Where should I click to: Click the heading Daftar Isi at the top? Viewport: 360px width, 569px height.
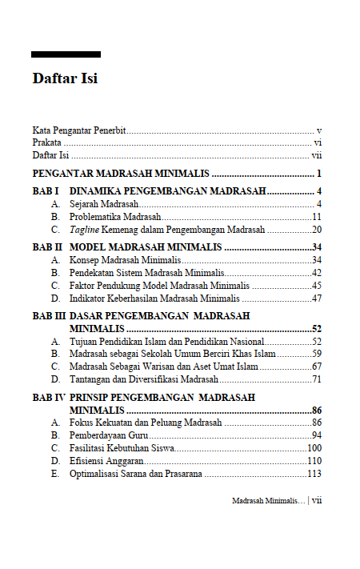65,79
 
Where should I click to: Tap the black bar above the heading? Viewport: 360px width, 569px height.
66,54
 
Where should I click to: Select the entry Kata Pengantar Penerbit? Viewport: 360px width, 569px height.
79,130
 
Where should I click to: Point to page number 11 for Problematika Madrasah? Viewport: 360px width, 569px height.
317,217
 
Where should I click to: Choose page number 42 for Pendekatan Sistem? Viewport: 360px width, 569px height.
317,273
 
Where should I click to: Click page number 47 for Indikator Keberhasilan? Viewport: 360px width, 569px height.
317,299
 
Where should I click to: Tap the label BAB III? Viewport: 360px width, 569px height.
49,316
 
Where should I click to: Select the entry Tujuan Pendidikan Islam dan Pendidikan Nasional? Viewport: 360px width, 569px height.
166,342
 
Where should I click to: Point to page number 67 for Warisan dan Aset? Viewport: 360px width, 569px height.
317,367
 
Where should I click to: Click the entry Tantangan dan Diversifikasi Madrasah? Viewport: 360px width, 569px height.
144,379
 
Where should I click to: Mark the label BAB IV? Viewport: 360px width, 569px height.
49,397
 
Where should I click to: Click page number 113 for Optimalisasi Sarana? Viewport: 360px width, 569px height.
314,474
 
